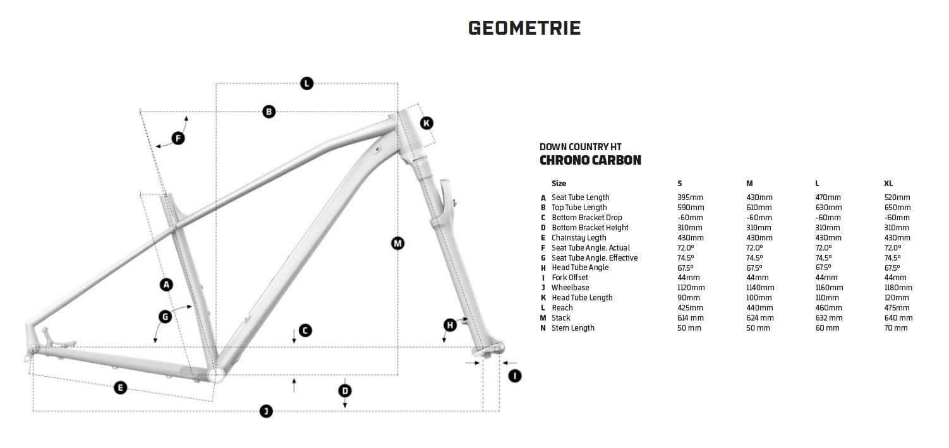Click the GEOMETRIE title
tap(524, 28)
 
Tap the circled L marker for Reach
tap(306, 83)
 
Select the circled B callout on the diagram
tap(269, 112)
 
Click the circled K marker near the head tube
tap(426, 122)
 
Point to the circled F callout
tap(178, 138)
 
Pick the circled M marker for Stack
tap(397, 243)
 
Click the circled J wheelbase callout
tap(267, 411)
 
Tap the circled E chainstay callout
tap(120, 387)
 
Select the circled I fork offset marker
tap(515, 376)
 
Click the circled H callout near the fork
tap(450, 325)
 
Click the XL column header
tap(888, 184)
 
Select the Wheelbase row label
tap(570, 288)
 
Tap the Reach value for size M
tap(759, 308)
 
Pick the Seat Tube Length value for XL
tap(897, 197)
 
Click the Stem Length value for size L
tap(828, 328)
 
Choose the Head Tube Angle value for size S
tap(686, 268)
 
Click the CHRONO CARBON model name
tap(590, 160)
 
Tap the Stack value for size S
tap(691, 318)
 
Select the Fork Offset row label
tap(569, 278)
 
